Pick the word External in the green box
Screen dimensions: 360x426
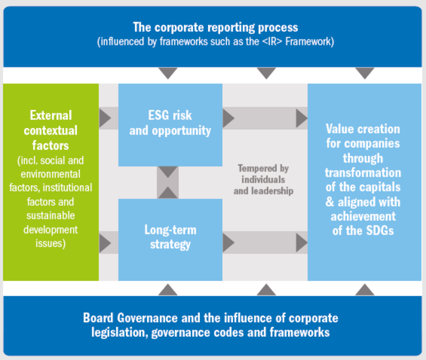coord(51,115)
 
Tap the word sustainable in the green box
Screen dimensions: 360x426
coord(50,215)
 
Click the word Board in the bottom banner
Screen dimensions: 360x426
coord(100,318)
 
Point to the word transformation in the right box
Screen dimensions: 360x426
coord(363,173)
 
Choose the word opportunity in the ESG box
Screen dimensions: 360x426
coord(181,130)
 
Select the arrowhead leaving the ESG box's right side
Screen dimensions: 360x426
coord(228,118)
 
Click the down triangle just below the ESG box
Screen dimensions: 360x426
coord(168,172)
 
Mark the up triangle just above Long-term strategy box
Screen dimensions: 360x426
coord(168,192)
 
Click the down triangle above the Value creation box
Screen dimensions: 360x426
coord(364,73)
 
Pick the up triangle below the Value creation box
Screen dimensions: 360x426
coord(364,290)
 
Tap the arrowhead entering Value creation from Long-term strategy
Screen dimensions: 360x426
coord(301,243)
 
